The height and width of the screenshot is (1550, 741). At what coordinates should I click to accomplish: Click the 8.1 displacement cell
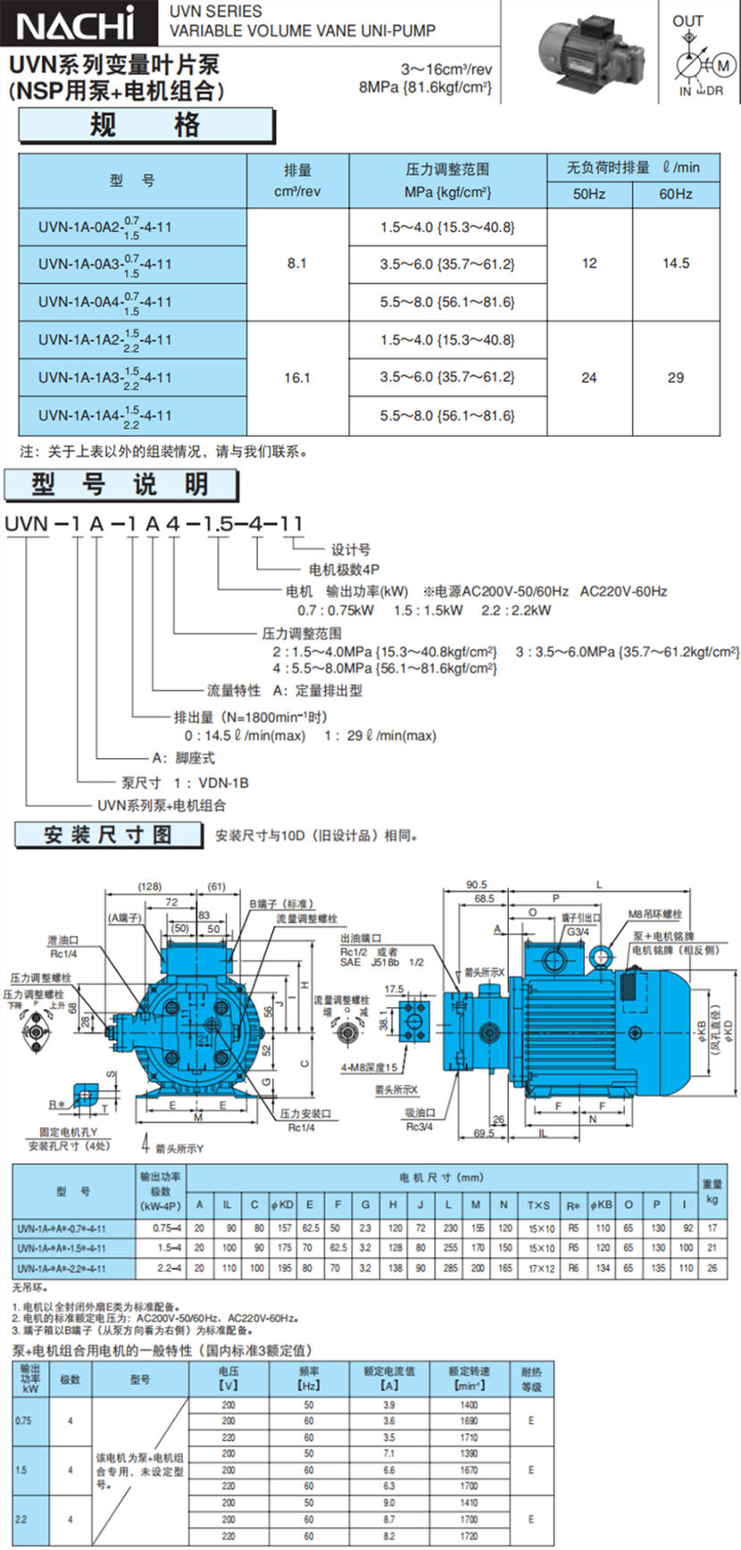tap(297, 263)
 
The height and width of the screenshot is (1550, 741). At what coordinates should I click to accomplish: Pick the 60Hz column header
tap(676, 194)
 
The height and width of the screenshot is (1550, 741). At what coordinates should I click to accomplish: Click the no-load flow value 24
tap(589, 378)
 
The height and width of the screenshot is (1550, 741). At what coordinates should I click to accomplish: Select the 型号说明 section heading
tap(121, 485)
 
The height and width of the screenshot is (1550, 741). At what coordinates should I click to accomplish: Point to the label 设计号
tap(351, 549)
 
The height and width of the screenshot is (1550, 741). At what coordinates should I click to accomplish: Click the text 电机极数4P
tap(345, 570)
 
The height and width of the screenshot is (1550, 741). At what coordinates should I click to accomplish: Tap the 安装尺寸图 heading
tap(108, 835)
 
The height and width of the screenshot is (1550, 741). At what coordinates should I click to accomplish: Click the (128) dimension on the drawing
tap(150, 887)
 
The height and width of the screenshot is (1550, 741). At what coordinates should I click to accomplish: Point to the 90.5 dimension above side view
tap(477, 885)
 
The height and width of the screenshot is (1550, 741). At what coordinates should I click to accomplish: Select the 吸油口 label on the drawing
tap(420, 1112)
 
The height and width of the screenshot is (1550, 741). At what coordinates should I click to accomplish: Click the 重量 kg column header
tap(712, 1191)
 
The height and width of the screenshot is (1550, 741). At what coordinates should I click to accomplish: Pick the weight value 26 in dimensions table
tap(712, 1268)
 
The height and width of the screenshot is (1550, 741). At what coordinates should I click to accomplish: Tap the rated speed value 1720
tap(470, 1537)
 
